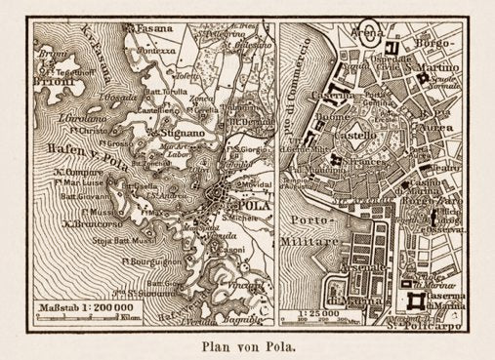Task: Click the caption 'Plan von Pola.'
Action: (247, 342)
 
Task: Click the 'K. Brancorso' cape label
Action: (73, 222)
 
